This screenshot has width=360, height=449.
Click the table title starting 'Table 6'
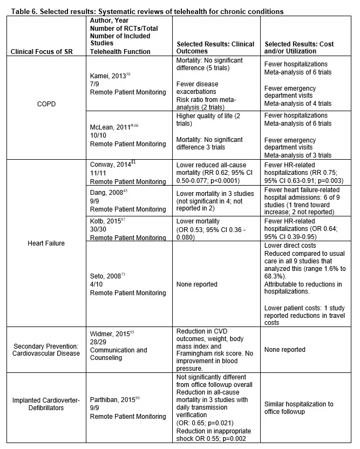[x=145, y=11]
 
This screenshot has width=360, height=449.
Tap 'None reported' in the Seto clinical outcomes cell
[x=197, y=284]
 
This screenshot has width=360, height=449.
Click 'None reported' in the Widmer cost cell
[x=285, y=350]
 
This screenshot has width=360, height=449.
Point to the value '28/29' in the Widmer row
[x=98, y=342]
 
